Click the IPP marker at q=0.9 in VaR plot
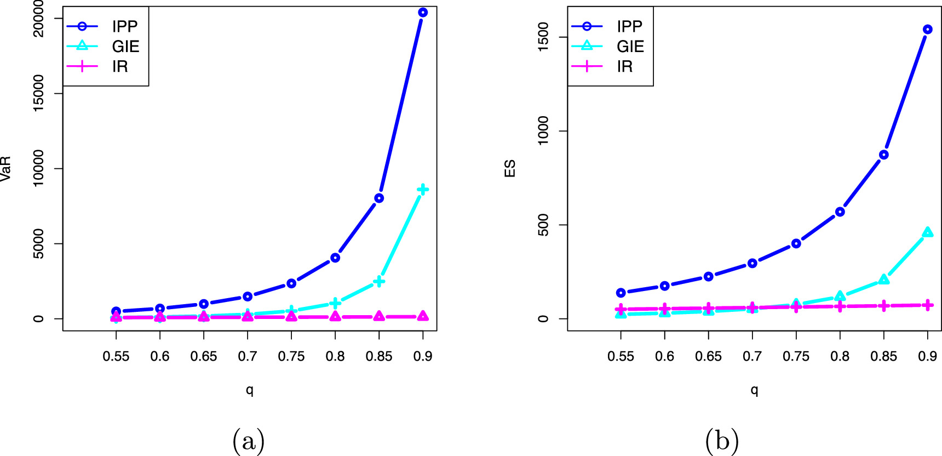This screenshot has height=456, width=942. [422, 12]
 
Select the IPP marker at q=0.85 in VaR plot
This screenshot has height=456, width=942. [379, 198]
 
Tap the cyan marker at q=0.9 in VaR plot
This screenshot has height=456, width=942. [422, 190]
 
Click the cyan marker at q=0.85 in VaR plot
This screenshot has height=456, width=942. [379, 282]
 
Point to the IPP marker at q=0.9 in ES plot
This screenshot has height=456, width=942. [927, 30]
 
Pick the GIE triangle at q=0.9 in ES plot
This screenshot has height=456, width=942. [927, 232]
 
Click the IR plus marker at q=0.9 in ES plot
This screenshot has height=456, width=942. [927, 305]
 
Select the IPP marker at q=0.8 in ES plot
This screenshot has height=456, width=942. [840, 212]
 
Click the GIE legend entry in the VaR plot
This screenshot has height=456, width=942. [125, 47]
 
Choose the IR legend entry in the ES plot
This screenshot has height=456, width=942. [624, 67]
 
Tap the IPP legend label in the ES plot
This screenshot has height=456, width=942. [629, 26]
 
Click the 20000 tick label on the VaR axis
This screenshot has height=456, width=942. [38, 19]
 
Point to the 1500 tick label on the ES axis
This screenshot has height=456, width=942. [543, 37]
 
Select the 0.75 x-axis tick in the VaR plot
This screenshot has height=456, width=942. [291, 356]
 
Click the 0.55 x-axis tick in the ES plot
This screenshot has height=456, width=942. [621, 356]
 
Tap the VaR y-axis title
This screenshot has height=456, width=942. [6, 169]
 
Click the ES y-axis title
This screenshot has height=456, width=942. [510, 169]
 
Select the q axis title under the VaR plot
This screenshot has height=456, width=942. [249, 390]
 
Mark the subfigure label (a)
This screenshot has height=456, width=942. [249, 440]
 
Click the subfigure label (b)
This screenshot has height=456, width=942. [722, 440]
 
